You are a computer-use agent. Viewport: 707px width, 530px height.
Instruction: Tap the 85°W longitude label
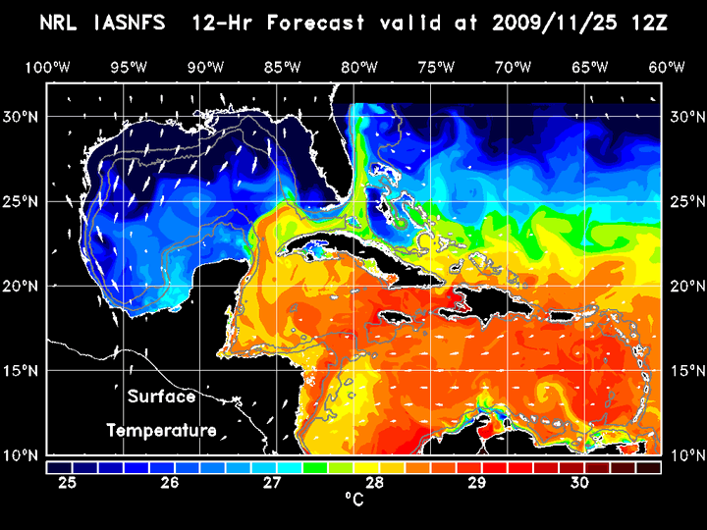pyautogui.click(x=283, y=68)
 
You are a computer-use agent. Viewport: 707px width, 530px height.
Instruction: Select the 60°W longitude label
pyautogui.click(x=667, y=68)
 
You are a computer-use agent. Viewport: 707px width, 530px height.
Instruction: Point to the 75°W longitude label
pyautogui.click(x=436, y=68)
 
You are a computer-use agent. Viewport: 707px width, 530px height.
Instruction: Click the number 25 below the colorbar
pyautogui.click(x=69, y=483)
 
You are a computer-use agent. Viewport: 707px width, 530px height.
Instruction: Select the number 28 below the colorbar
pyautogui.click(x=375, y=483)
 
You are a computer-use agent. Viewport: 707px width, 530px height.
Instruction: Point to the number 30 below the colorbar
pyautogui.click(x=579, y=483)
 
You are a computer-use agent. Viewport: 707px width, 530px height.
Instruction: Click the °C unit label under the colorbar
pyautogui.click(x=353, y=501)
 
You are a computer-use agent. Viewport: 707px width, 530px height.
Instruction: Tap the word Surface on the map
pyautogui.click(x=161, y=397)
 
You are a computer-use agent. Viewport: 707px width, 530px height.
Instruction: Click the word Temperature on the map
pyautogui.click(x=161, y=431)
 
